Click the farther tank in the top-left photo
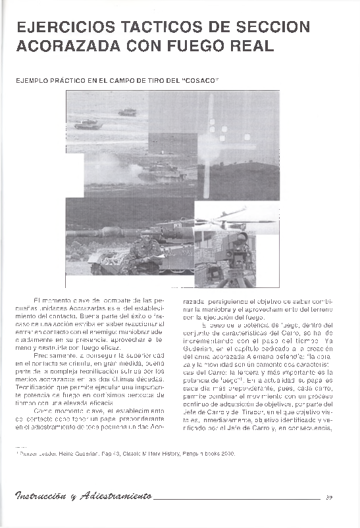[x=127, y=112]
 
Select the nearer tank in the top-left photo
[x=88, y=124]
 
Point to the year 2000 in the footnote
[x=226, y=454]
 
